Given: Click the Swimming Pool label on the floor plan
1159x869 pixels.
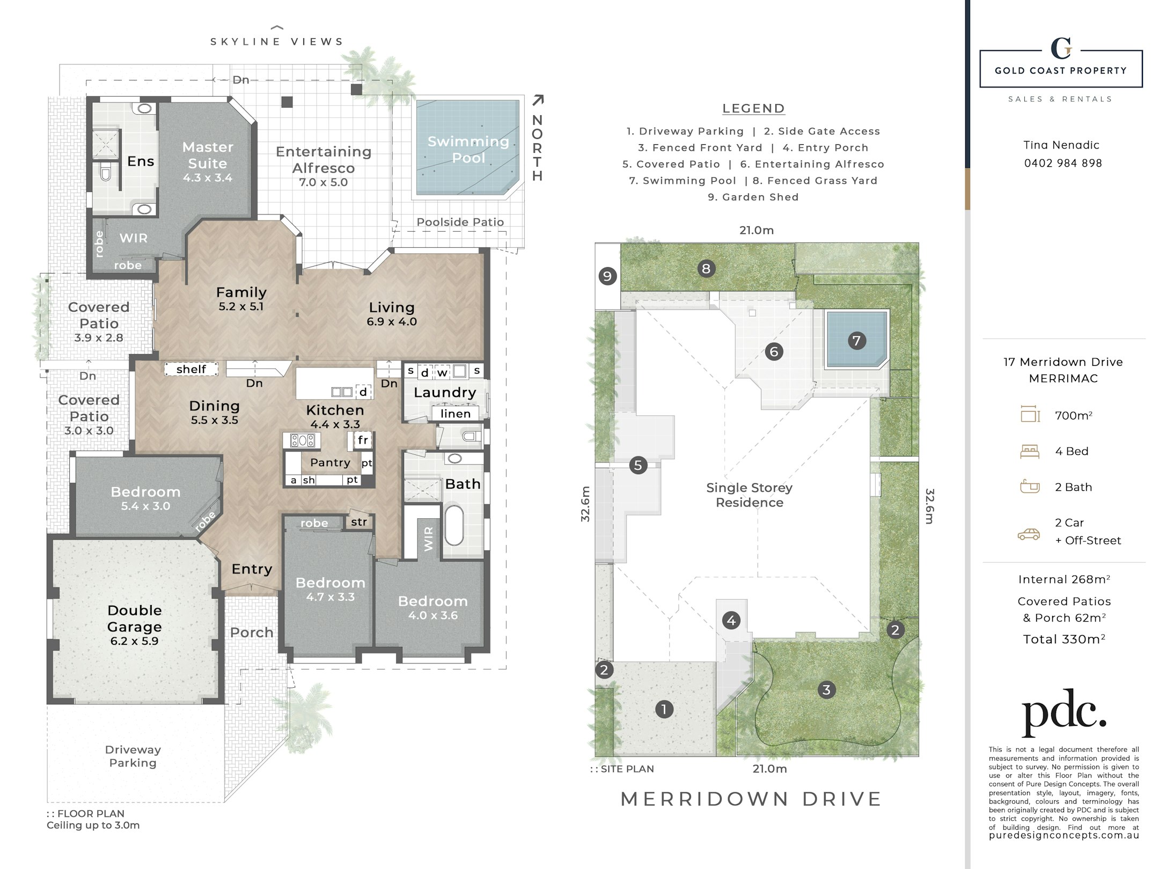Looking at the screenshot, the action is click(468, 150).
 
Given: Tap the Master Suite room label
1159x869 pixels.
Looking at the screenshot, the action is click(208, 155).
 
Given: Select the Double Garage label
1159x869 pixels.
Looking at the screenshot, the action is click(134, 618).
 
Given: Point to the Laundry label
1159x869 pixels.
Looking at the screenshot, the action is click(445, 392).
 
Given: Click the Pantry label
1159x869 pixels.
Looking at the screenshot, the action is click(330, 462).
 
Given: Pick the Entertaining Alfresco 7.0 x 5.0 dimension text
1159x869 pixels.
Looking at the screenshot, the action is click(324, 182).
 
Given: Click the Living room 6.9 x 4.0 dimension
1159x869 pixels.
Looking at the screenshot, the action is click(392, 322).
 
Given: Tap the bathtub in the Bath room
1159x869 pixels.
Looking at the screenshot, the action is click(454, 525).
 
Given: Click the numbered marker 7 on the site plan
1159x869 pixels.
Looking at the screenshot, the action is click(856, 340).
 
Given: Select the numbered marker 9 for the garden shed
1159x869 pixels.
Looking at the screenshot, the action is click(607, 276).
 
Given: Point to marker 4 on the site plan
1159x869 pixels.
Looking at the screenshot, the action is click(731, 621).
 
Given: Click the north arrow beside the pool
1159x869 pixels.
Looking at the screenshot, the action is click(538, 100).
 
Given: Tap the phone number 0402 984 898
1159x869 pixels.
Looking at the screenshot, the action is click(1063, 163).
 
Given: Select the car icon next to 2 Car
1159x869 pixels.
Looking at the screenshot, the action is click(1029, 534).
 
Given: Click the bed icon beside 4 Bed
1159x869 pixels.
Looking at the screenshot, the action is click(1030, 452).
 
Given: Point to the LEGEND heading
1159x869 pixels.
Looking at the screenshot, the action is click(753, 108).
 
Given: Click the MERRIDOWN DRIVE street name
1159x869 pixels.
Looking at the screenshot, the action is click(751, 799).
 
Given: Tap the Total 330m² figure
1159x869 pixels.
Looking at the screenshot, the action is click(1064, 639).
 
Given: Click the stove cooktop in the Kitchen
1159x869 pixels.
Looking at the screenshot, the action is click(303, 441).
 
